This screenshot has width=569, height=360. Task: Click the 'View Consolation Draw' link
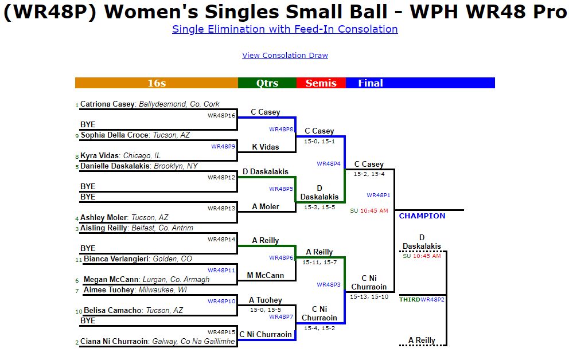pyautogui.click(x=285, y=56)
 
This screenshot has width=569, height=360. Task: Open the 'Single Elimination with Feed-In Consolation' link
pyautogui.click(x=284, y=29)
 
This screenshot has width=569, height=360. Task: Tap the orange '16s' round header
pyautogui.click(x=157, y=83)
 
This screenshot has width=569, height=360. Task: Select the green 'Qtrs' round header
pyautogui.click(x=267, y=83)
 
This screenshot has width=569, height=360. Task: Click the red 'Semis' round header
pyautogui.click(x=321, y=83)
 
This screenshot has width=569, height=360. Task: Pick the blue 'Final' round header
pyautogui.click(x=371, y=83)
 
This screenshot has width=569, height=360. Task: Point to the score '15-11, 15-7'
pyautogui.click(x=320, y=263)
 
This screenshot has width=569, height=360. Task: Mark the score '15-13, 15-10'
pyautogui.click(x=369, y=297)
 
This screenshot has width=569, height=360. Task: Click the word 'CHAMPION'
pyautogui.click(x=422, y=216)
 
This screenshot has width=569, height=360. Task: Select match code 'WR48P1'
pyautogui.click(x=378, y=195)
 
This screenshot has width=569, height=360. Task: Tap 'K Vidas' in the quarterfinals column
pyautogui.click(x=266, y=147)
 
